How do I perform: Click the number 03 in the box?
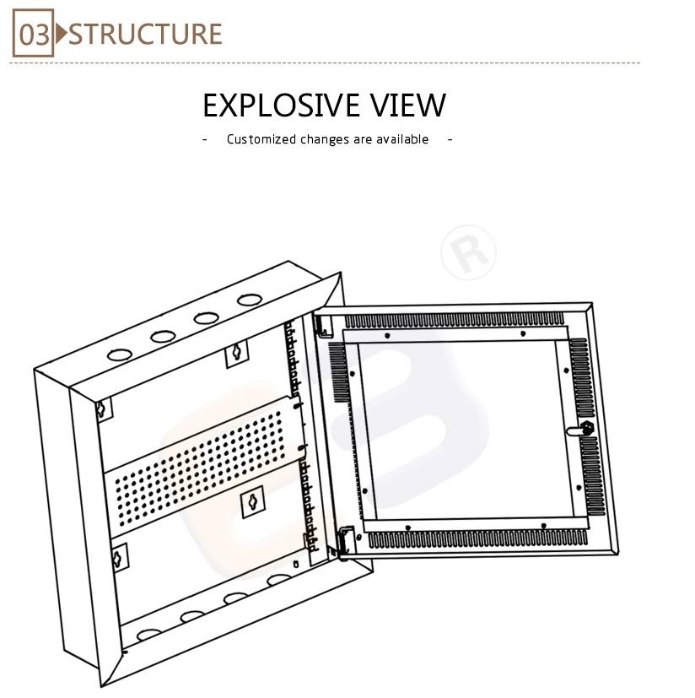34,35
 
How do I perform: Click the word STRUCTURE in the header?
145,34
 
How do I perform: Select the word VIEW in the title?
408,106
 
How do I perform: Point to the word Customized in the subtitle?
261,139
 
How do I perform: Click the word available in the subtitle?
402,139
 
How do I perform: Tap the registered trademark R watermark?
468,252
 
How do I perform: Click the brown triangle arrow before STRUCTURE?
62,34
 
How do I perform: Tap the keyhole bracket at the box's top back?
237,353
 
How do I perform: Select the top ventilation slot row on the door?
455,320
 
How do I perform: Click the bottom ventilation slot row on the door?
477,538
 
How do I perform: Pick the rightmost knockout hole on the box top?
250,300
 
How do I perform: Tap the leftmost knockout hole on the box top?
120,355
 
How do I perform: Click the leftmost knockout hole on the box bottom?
149,634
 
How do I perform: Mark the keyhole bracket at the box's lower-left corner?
118,558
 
